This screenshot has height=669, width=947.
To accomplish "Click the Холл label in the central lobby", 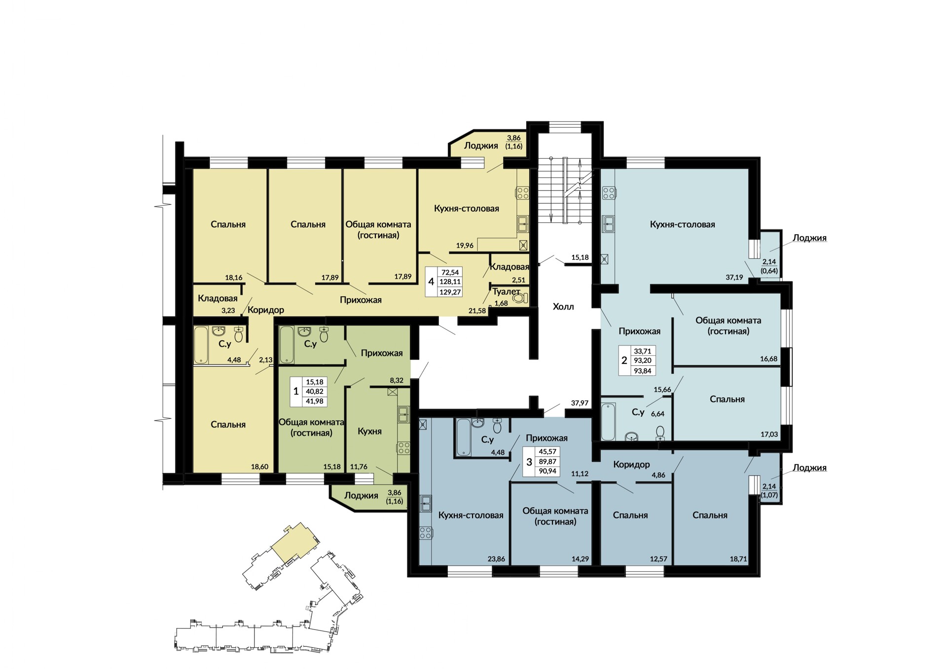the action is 563,307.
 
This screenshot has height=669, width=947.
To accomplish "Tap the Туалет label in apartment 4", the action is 506,292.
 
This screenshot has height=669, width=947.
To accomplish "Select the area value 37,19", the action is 734,278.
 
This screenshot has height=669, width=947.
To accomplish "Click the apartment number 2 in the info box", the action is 624,360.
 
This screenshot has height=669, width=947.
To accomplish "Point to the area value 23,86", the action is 497,559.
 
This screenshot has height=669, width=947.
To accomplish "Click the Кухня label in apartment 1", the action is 369,431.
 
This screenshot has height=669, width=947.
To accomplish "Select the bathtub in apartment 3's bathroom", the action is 464,437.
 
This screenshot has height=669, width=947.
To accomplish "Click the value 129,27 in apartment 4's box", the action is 450,292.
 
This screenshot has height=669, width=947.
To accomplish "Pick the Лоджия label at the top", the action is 481,146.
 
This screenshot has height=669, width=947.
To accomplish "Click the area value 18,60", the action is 259,466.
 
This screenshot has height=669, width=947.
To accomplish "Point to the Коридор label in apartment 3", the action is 631,464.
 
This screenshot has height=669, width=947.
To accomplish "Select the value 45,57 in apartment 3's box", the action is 547,452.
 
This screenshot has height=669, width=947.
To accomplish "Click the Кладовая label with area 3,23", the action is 218,298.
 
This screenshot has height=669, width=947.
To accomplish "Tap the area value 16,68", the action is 768,359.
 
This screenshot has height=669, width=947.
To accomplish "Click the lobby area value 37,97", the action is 580,403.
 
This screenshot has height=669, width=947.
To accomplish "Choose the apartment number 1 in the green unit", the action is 296,391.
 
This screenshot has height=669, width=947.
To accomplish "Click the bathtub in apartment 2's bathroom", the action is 608,422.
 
